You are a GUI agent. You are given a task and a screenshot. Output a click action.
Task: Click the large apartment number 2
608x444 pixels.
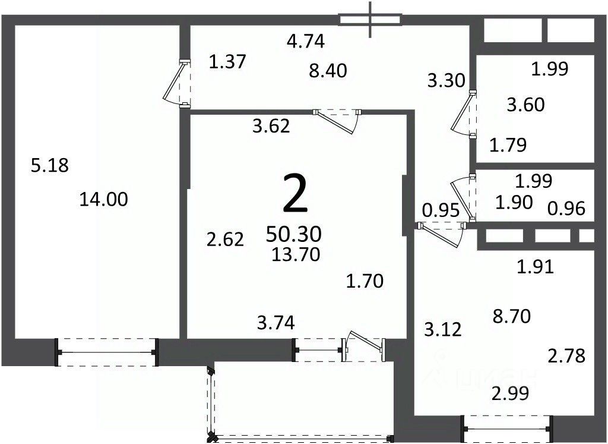tap(296, 194)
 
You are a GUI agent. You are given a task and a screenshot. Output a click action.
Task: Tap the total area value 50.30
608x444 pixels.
tap(294, 234)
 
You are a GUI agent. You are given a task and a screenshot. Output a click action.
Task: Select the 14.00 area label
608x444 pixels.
tap(103, 200)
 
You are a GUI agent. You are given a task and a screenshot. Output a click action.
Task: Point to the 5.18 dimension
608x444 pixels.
tap(50, 165)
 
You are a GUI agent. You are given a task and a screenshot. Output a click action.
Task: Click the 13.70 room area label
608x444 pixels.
tap(296, 254)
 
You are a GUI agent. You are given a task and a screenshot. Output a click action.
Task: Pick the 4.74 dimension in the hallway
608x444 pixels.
tap(306, 41)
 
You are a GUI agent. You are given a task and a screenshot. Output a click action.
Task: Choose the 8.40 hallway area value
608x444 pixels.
tap(328, 71)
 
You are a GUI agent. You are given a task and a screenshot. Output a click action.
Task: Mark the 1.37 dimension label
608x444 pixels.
tap(227, 62)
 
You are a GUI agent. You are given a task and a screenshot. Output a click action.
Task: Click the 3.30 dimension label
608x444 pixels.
tap(446, 81)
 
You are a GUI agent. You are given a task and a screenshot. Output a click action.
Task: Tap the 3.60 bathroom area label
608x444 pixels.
tap(526, 105)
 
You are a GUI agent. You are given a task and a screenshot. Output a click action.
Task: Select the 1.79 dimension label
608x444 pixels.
tap(508, 145)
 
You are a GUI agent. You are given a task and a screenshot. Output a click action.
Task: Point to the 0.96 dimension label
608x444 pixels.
tap(566, 209)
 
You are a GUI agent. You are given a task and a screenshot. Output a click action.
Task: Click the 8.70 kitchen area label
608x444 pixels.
tap(512, 317)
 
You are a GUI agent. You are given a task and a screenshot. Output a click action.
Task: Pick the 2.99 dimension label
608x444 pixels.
tap(510, 394)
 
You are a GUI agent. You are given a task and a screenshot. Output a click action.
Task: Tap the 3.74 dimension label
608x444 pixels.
tap(276, 323)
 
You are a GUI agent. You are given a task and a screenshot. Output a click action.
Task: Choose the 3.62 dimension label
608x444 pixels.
tap(271, 127)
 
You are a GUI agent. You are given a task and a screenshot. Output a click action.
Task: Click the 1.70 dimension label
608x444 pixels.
tap(365, 281)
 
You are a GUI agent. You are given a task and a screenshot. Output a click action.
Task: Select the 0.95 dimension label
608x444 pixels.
tap(441, 210)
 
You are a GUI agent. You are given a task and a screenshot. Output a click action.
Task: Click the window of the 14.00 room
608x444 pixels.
tap(106, 352)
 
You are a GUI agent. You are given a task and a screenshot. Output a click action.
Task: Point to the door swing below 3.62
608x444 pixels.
tap(338, 121)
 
